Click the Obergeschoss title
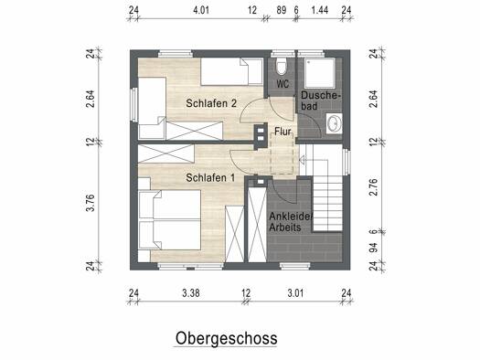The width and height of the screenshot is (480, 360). click(x=226, y=339)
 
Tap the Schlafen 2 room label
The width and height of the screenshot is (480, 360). click(x=211, y=103)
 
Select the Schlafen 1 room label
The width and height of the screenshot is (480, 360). click(x=210, y=177)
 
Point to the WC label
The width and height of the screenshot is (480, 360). click(x=283, y=84)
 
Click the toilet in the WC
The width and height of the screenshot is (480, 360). click(x=281, y=67)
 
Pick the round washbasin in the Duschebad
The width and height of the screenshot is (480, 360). click(x=334, y=123)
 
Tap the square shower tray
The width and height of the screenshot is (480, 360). click(x=320, y=73)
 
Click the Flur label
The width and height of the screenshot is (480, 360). click(x=283, y=132)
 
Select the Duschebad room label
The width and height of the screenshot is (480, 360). click(x=320, y=101)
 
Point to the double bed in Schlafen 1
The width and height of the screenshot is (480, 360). click(x=169, y=219)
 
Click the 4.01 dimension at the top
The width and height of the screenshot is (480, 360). click(x=201, y=10)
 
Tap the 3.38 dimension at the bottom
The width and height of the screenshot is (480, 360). click(x=191, y=293)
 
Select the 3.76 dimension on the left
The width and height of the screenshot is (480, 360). click(x=91, y=203)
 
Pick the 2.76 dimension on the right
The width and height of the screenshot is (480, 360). click(x=373, y=187)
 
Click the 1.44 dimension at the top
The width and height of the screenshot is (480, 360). click(x=320, y=10)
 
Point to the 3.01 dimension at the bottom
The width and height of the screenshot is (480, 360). click(x=295, y=293)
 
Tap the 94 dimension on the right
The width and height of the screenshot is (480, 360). click(x=373, y=248)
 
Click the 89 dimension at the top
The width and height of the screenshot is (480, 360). click(x=282, y=10)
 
